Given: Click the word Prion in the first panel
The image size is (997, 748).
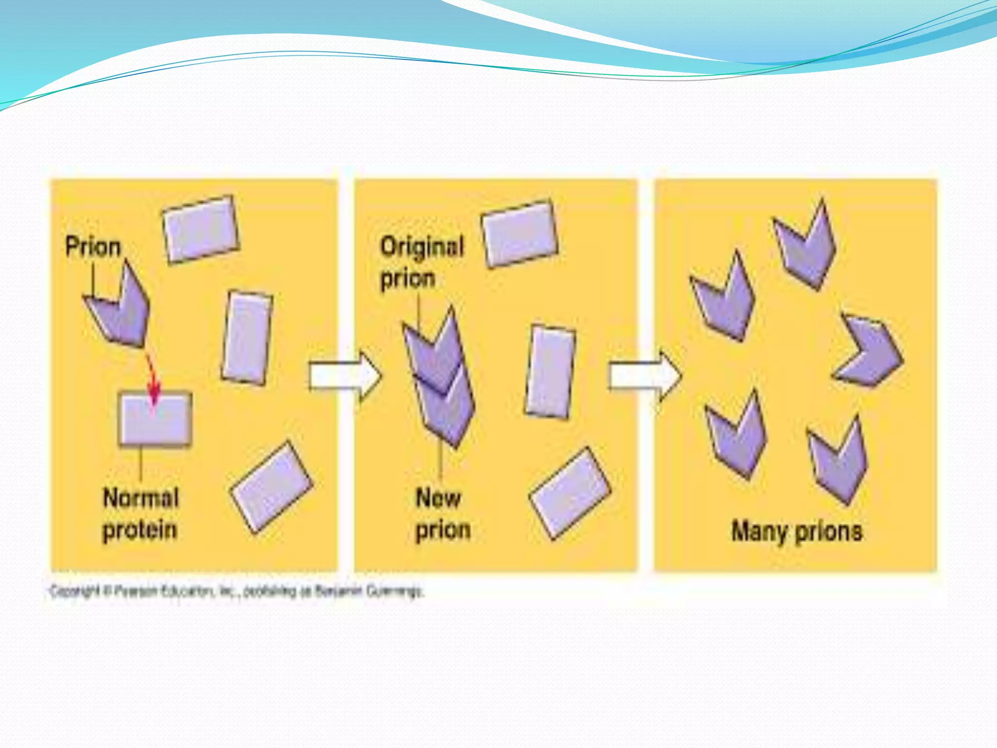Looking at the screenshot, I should [93, 246].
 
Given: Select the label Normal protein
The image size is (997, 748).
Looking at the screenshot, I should [140, 514].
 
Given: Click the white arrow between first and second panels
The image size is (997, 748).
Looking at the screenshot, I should [345, 376].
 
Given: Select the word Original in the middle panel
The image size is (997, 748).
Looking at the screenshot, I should [422, 246].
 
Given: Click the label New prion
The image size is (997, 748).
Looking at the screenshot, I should [442, 514].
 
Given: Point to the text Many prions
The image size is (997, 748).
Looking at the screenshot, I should [797, 531].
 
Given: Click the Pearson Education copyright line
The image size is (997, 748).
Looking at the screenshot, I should [237, 592].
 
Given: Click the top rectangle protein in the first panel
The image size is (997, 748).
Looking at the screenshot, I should [200, 229].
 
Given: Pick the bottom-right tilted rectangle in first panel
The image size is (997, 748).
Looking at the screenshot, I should [272, 487].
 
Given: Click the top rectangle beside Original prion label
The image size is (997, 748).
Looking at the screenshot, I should [519, 234].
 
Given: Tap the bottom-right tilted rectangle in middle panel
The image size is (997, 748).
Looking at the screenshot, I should [570, 493].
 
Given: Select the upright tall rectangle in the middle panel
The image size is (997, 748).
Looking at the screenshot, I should [550, 372].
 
